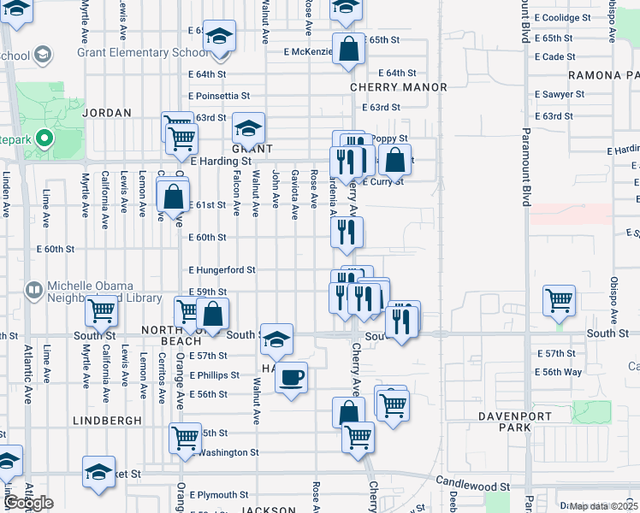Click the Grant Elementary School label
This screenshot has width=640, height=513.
click(142, 52)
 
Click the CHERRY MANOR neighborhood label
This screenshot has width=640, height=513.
click(399, 88)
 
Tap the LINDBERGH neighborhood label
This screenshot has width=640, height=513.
click(107, 422)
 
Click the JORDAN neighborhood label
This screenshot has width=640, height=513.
click(106, 113)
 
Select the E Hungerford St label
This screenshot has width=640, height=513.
click(222, 270)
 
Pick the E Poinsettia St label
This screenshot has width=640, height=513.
click(220, 96)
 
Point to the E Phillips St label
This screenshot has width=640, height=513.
click(215, 375)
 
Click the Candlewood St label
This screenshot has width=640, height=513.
click(472, 486)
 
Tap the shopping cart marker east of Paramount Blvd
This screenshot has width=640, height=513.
click(559, 300)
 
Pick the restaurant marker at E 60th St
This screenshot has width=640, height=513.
click(347, 233)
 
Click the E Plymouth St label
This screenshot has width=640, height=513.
click(219, 494)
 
